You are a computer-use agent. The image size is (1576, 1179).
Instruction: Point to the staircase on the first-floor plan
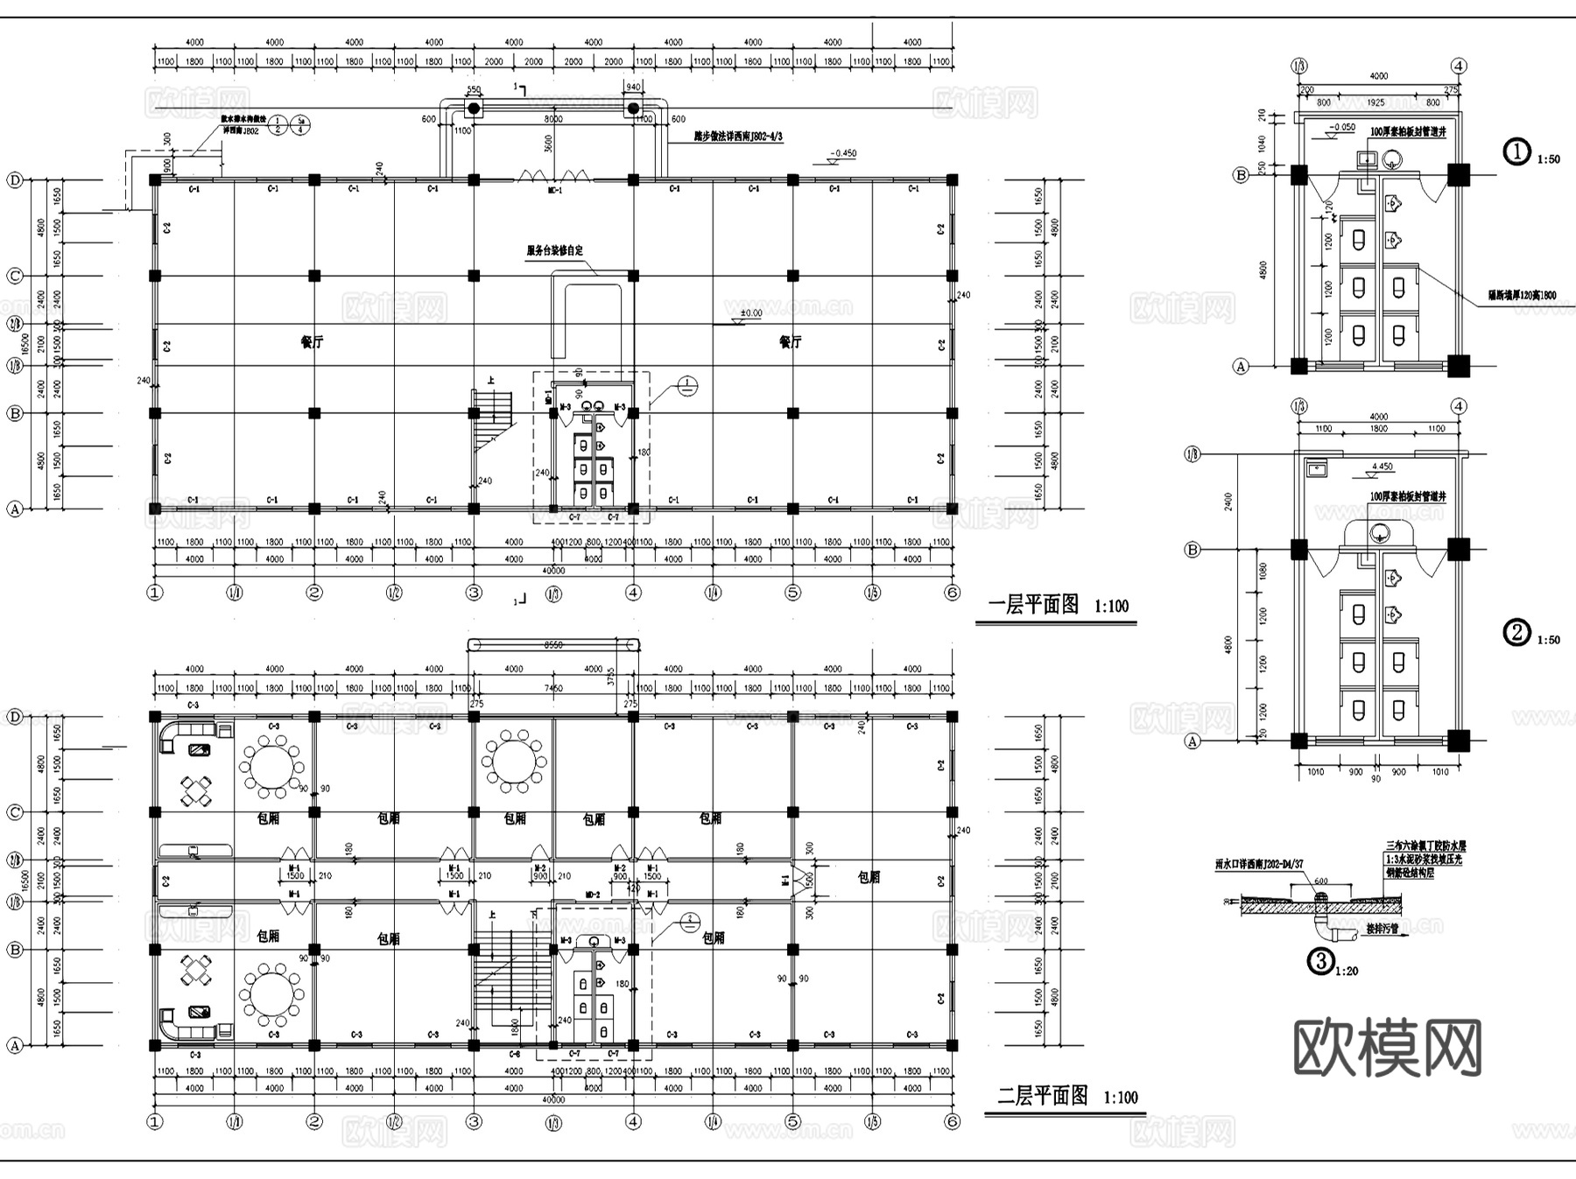[492, 418]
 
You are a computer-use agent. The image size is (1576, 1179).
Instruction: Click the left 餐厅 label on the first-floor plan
[311, 342]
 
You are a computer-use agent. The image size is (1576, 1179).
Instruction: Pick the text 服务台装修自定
[554, 250]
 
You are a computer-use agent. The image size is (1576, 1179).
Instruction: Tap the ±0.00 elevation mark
[750, 313]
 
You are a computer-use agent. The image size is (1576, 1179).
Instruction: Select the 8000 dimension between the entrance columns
[553, 119]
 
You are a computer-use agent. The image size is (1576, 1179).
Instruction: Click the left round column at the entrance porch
[474, 109]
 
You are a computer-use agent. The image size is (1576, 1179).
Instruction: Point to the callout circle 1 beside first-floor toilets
[687, 385]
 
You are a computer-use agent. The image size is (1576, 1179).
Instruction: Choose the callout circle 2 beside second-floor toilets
[690, 920]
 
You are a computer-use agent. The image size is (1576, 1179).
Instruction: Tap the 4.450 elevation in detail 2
[1382, 467]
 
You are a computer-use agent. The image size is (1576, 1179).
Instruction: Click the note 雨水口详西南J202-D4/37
[1259, 864]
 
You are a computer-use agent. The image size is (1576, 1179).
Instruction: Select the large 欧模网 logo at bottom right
[1388, 1048]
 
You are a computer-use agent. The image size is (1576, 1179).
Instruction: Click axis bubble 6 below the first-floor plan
[953, 593]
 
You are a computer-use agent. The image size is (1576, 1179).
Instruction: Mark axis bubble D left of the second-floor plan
[14, 717]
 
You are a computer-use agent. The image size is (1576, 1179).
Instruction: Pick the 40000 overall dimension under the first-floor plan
[553, 571]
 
